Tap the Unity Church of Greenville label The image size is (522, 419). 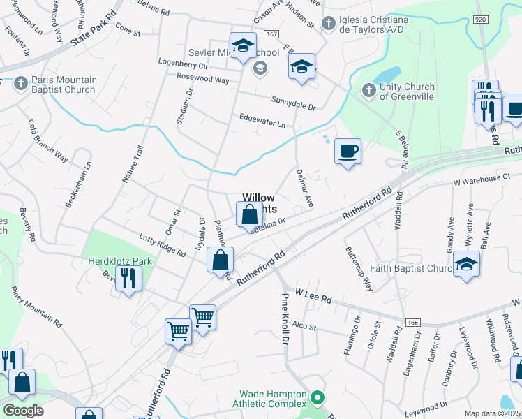pyautogui.click(x=407, y=92)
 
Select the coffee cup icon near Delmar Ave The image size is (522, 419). pyautogui.click(x=348, y=151)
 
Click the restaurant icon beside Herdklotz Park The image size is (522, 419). pyautogui.click(x=128, y=278)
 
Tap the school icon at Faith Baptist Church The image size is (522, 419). pyautogui.click(x=466, y=265)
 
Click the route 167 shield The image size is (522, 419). pyautogui.click(x=272, y=34)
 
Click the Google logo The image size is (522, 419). pyautogui.click(x=22, y=411)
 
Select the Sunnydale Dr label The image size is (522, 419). pyautogui.click(x=294, y=105)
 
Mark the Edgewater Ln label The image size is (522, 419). pyautogui.click(x=262, y=121)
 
